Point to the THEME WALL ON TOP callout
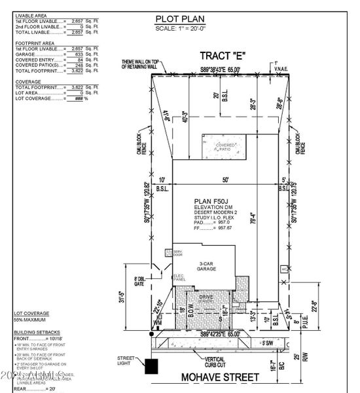click(x=141, y=64)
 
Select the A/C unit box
click(x=283, y=269)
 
